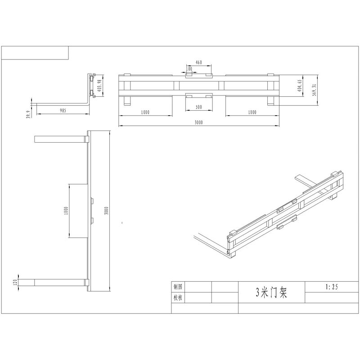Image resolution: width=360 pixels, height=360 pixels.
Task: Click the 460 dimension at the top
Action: tap(198, 62)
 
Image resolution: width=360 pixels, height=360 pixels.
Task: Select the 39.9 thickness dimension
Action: tap(28, 115)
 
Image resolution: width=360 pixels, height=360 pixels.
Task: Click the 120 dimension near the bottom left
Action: tap(15, 282)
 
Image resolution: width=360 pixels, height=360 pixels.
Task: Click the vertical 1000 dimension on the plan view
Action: tap(66, 210)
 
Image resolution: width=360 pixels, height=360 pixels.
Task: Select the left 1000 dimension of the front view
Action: tap(144, 112)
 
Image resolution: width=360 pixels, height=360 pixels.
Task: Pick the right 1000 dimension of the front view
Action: tap(252, 112)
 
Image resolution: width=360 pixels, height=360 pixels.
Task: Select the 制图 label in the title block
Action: tap(178, 287)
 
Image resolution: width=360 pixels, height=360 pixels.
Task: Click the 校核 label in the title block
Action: tap(178, 297)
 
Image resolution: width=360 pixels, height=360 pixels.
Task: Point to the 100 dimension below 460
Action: tap(189, 69)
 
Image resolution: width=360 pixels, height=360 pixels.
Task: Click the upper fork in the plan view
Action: tap(60, 139)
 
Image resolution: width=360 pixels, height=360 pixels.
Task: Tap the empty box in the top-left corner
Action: tap(35, 53)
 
